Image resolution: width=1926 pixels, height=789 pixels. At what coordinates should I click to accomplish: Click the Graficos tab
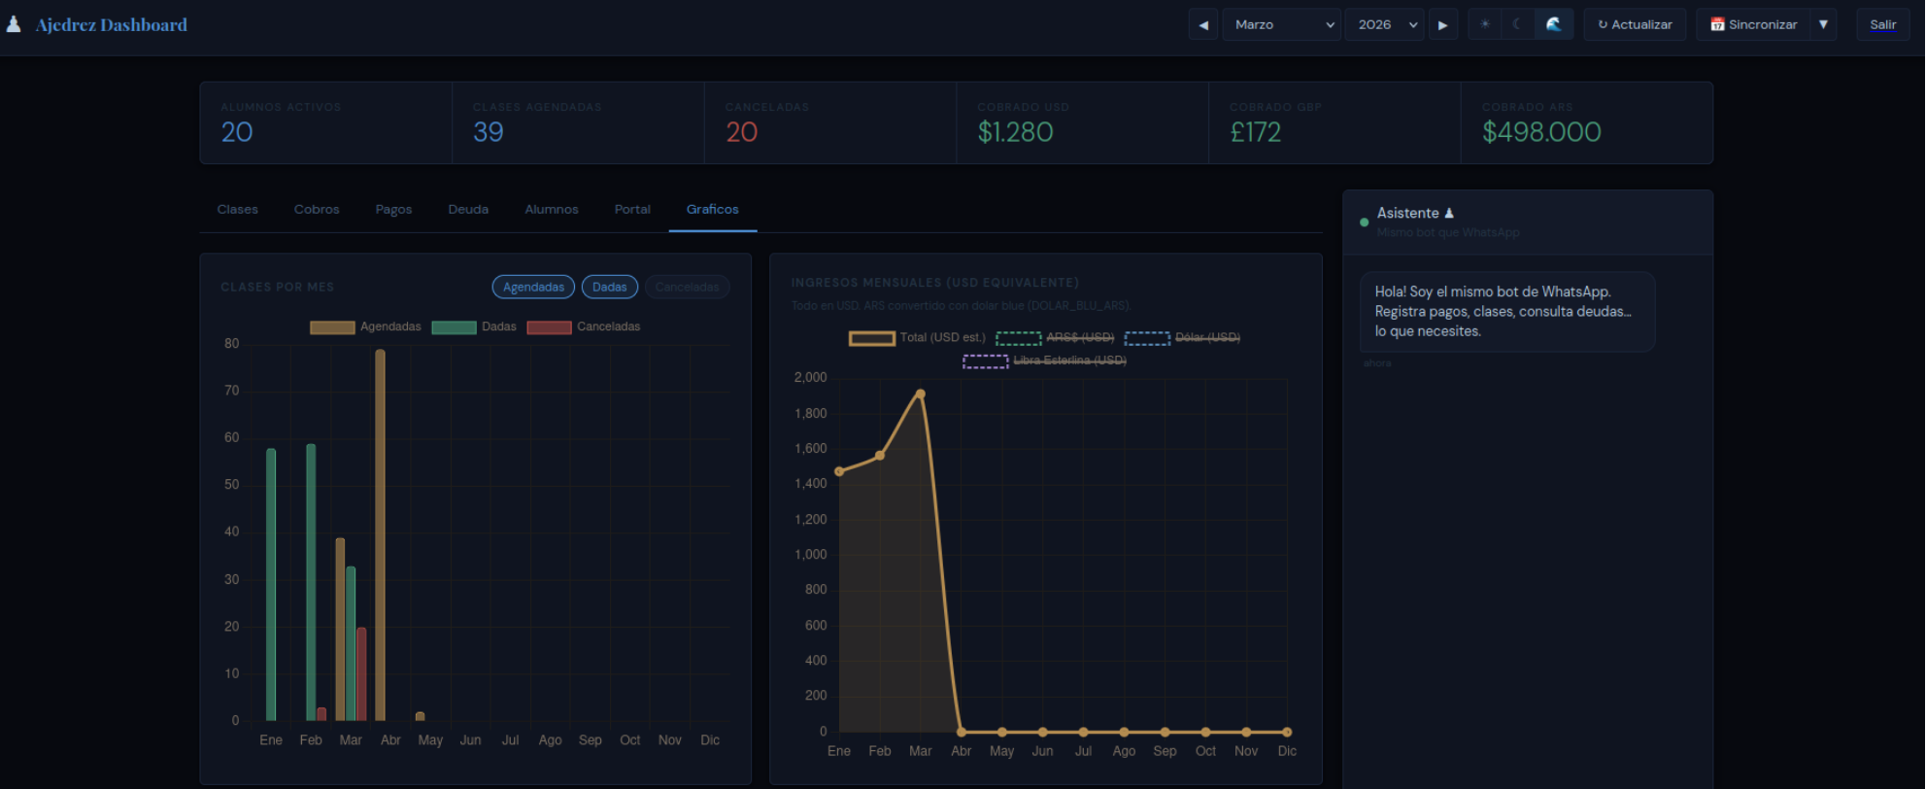tap(712, 209)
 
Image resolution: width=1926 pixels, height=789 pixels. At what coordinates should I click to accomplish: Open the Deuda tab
tap(468, 209)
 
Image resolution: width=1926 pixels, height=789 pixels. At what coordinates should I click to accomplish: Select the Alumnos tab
tap(551, 209)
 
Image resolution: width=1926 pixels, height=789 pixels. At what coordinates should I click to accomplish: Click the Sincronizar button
tap(1753, 24)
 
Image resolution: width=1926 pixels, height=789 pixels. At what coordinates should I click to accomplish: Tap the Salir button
tap(1882, 24)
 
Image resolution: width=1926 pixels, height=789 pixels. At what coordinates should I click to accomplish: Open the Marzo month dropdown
tap(1281, 24)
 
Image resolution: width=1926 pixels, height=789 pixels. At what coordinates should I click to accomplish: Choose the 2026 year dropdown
tap(1384, 24)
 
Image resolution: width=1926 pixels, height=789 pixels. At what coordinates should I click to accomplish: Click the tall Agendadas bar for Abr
tap(380, 534)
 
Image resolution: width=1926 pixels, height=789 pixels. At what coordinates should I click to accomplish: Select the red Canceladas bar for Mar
tap(361, 673)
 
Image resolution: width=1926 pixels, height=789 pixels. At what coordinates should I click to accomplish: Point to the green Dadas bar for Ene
tap(271, 583)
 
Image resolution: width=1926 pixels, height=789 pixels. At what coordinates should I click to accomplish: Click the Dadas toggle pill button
tap(609, 287)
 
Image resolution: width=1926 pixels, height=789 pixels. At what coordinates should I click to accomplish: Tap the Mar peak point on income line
tap(920, 394)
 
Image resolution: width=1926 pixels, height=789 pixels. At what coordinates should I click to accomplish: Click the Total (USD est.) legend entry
tap(917, 337)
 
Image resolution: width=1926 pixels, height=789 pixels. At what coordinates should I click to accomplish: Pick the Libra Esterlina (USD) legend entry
tap(1044, 360)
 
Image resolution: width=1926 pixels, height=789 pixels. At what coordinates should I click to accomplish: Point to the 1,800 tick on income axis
tap(811, 413)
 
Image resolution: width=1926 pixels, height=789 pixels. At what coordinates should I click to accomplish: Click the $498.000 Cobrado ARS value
tap(1541, 132)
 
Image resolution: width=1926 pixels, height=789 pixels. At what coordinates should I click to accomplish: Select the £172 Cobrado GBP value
tap(1255, 132)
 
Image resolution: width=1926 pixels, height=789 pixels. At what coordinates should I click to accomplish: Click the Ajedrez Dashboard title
tap(111, 25)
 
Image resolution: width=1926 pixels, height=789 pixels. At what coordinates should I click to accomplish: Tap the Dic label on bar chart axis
tap(710, 740)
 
